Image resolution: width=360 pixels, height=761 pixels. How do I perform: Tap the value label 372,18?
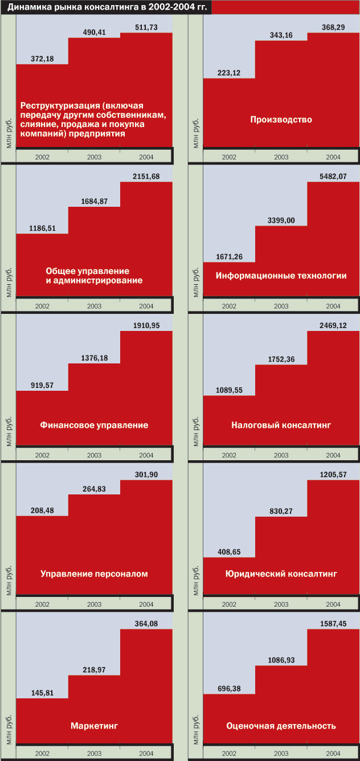point(42,59)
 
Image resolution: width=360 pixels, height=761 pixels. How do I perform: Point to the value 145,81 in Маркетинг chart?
point(42,693)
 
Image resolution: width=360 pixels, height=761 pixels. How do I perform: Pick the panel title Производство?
point(281,120)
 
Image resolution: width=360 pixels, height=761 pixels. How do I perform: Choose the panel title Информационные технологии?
point(281,276)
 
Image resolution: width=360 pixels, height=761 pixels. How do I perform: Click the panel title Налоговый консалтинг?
point(281,425)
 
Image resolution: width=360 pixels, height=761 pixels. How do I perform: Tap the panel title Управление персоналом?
point(94,574)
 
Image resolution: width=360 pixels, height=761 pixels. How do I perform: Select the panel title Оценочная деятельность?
point(281,726)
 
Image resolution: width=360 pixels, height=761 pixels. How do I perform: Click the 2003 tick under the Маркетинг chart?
point(94,753)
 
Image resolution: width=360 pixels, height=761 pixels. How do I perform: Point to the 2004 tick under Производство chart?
point(333,157)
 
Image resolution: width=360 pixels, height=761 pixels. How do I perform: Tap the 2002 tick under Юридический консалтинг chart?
point(229,604)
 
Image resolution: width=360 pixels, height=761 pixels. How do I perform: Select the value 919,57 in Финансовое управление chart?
point(42,385)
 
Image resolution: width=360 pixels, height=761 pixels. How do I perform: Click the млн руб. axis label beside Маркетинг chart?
point(9,727)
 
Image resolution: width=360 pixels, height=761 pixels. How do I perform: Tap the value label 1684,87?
point(94,201)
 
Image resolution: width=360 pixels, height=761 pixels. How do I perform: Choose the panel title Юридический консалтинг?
point(281,574)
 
